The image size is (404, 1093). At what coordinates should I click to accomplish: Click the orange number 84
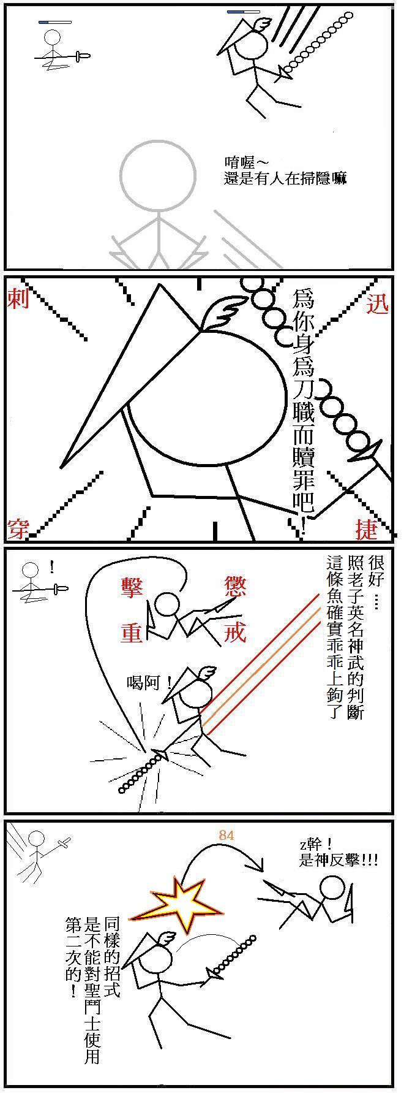click(x=226, y=836)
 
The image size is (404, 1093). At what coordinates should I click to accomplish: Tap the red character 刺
click(x=18, y=299)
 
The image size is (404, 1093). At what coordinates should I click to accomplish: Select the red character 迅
click(x=378, y=304)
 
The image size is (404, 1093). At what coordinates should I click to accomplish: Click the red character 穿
click(x=18, y=528)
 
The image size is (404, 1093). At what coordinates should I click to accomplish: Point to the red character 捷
click(x=367, y=528)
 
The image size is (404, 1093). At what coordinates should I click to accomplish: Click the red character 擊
click(x=132, y=588)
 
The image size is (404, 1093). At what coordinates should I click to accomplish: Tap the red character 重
click(x=132, y=632)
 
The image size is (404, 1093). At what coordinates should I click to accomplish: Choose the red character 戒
click(x=234, y=632)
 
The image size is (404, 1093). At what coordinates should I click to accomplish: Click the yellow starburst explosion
click(x=178, y=905)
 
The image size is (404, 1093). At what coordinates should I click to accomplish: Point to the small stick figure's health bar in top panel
click(x=55, y=22)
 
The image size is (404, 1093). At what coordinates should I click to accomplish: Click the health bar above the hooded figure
click(x=243, y=12)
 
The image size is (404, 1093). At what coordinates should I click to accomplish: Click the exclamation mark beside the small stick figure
click(x=52, y=567)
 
